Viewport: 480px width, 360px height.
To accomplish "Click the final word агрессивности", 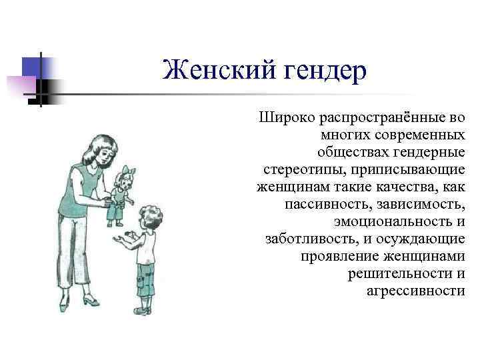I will [415, 291].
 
